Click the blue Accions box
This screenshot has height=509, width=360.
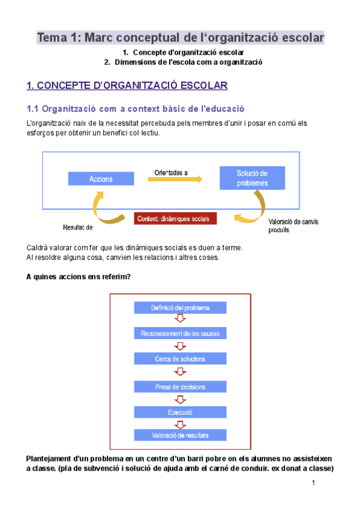(101, 179)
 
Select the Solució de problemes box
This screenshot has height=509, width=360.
(252, 178)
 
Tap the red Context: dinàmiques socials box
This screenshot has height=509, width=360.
(175, 218)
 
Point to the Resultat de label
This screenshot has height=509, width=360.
(79, 227)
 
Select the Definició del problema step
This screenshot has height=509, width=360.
(180, 307)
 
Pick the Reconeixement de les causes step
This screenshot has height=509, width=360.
(180, 333)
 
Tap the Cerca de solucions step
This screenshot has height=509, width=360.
(180, 359)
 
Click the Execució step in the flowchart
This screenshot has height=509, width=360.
(180, 412)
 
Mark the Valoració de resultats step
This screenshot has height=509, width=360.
(180, 435)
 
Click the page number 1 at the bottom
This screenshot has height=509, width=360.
(313, 483)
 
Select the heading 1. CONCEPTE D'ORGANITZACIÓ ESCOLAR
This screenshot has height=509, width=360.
(127, 86)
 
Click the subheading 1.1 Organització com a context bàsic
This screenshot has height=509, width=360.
(136, 109)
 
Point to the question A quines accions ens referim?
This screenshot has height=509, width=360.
(79, 277)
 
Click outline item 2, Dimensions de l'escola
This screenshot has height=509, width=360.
(183, 62)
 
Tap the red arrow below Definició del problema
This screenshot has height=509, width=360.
(179, 319)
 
